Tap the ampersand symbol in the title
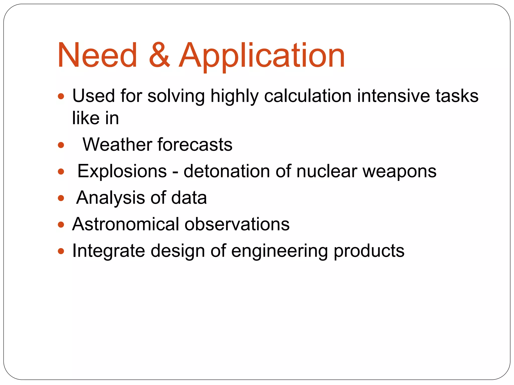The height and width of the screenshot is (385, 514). tap(159, 55)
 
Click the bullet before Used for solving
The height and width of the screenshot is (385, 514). tap(61, 96)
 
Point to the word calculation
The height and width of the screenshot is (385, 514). tap(308, 96)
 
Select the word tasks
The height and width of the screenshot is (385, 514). tap(457, 96)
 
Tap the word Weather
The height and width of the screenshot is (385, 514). tap(117, 145)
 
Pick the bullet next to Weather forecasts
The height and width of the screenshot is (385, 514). tap(61, 145)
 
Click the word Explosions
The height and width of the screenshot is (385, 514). tap(122, 171)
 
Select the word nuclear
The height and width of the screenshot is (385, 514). tap(327, 171)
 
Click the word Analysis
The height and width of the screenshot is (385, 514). tap(110, 198)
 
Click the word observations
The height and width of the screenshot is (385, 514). tap(237, 224)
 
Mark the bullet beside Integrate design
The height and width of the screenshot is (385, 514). tap(61, 251)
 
